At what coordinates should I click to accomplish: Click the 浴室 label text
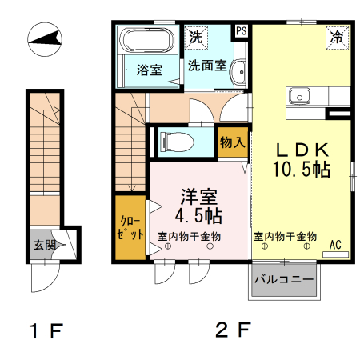pos(150,70)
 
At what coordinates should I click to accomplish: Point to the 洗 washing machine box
pos(196,36)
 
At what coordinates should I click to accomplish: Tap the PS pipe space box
pos(241,30)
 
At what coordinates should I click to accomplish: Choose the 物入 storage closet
pos(233,142)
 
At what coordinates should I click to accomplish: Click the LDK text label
pos(302,150)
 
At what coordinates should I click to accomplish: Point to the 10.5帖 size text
pos(302,169)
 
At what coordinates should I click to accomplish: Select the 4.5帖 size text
pos(198,215)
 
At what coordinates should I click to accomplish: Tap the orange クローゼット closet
pos(128,226)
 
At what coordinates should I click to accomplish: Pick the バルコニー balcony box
pos(284,280)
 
